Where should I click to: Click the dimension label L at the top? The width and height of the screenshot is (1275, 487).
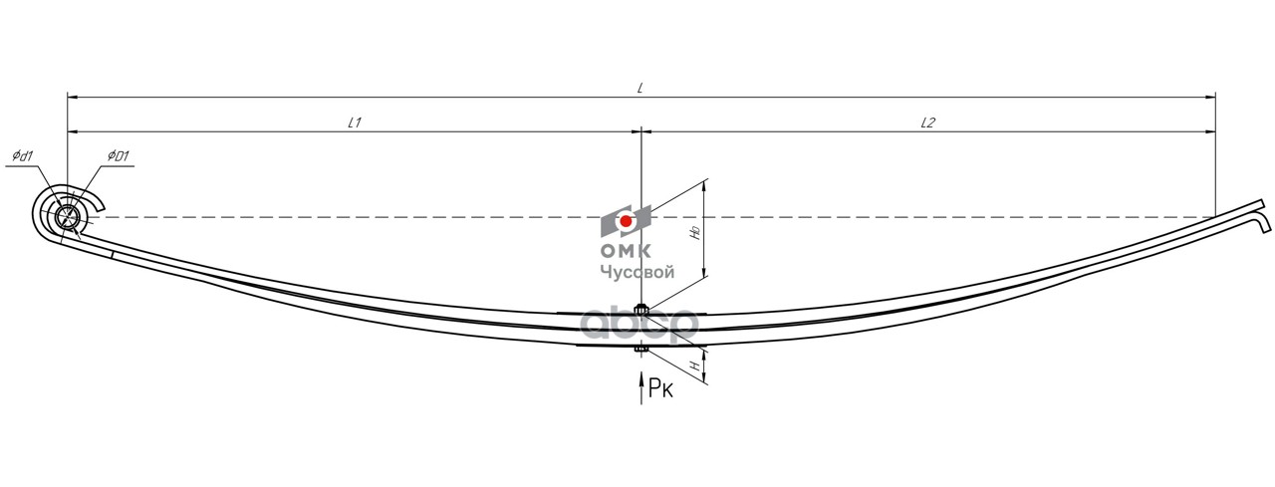coord(640,89)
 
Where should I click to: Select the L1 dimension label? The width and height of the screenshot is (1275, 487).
coord(355,122)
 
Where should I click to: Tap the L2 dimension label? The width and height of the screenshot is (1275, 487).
coord(927,122)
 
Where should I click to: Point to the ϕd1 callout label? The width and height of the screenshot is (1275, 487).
coord(23,156)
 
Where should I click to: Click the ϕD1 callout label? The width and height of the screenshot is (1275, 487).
coord(119,156)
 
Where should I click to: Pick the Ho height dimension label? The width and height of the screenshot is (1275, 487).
coord(694,233)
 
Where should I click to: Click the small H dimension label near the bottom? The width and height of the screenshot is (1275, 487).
coord(694,365)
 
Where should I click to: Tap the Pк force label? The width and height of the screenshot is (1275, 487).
coord(660,388)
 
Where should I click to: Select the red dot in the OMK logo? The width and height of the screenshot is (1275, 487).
coord(626,221)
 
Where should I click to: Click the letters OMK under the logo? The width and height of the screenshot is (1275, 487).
coord(626,250)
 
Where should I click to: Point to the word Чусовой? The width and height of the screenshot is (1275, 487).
coord(637,272)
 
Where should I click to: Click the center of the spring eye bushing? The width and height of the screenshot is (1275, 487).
coord(69,217)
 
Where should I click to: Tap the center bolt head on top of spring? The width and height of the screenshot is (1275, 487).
coord(641,309)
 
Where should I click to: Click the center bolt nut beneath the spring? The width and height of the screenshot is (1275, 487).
coord(641,349)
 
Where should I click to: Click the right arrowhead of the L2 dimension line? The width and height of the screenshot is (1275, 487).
coord(1210,131)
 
